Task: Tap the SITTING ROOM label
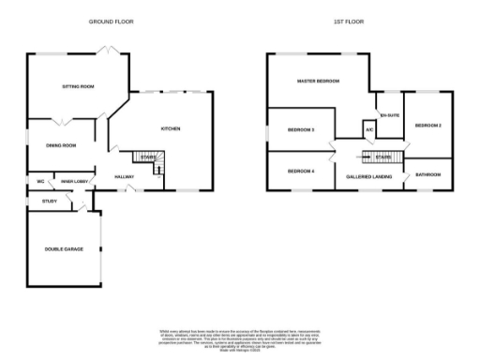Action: click(x=79, y=86)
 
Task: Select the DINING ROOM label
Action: click(x=61, y=145)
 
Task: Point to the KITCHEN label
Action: click(x=170, y=128)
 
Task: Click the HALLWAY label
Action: click(x=124, y=176)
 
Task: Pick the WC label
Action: click(x=41, y=181)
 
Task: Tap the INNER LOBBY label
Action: click(x=74, y=181)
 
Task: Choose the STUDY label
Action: click(x=49, y=201)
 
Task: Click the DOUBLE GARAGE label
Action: click(x=63, y=248)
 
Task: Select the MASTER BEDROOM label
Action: click(x=318, y=82)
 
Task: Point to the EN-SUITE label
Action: click(x=389, y=115)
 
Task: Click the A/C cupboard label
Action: click(x=369, y=128)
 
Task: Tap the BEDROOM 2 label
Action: click(x=427, y=125)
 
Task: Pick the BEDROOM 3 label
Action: click(x=300, y=128)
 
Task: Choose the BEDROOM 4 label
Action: click(x=300, y=172)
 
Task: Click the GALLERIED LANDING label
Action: click(x=368, y=176)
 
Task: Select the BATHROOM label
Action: click(x=428, y=174)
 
